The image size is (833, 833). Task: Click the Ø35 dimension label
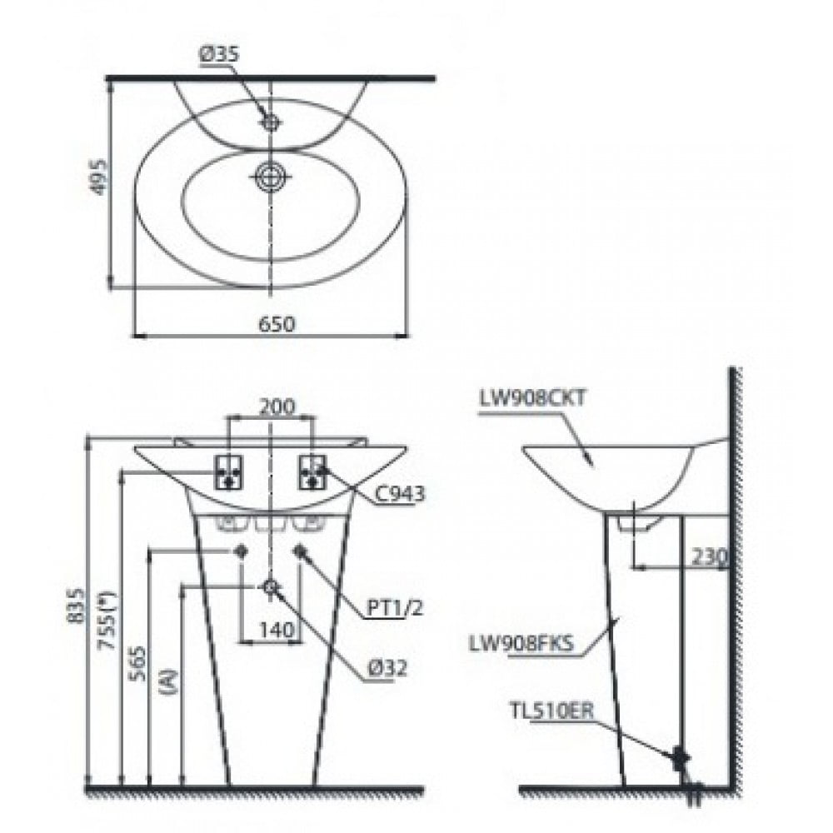click(219, 55)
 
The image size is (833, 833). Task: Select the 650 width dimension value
click(277, 323)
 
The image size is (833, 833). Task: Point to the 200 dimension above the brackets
click(277, 407)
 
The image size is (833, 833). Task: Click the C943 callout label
click(400, 494)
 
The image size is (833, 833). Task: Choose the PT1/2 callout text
click(395, 608)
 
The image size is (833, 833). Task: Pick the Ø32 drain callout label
click(387, 668)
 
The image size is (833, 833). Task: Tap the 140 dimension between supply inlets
click(277, 630)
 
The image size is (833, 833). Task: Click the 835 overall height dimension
click(76, 606)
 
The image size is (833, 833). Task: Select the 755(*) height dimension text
click(108, 621)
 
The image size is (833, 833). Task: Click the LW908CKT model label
click(531, 398)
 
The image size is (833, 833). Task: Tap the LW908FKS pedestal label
click(521, 643)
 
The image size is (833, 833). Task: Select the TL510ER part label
click(551, 711)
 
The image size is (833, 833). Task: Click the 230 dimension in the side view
click(709, 556)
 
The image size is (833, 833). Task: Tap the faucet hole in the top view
click(272, 122)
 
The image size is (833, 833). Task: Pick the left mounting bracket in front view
click(228, 471)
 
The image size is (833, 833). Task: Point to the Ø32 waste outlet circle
click(272, 586)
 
